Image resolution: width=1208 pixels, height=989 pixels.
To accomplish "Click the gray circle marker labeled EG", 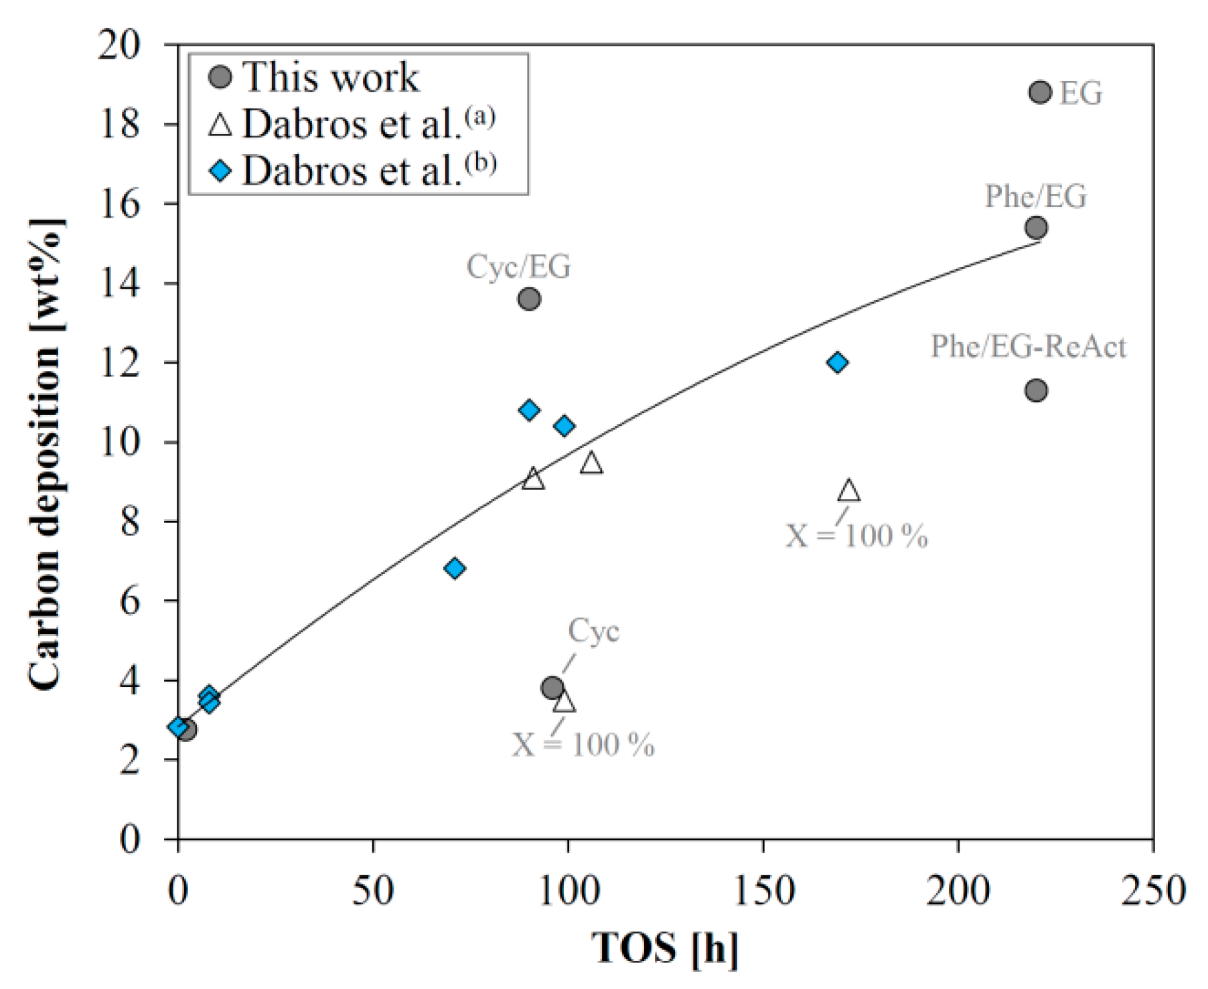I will (x=1039, y=92).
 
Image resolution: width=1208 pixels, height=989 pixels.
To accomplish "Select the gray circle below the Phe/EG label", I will (x=1036, y=228).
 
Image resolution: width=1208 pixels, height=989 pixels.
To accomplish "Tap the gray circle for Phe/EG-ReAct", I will (x=1036, y=390).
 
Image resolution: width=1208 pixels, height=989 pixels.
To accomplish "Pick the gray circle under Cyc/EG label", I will (x=529, y=299).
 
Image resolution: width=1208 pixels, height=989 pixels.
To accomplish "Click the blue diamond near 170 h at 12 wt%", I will (x=837, y=362).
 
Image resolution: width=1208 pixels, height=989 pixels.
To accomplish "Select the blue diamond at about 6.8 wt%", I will (x=455, y=568).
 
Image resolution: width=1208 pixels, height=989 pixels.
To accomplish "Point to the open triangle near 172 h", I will (x=849, y=491).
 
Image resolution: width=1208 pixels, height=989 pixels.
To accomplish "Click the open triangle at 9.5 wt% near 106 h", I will (x=591, y=463).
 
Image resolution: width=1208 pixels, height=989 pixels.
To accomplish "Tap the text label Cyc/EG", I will (x=518, y=267).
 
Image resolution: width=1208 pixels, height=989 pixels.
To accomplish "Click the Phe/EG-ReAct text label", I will (x=1028, y=346).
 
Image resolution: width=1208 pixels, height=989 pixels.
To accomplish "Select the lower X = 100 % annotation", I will (x=583, y=745).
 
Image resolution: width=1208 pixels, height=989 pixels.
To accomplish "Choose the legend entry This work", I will (x=329, y=77).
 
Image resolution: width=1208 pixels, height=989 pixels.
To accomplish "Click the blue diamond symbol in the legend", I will (x=220, y=171).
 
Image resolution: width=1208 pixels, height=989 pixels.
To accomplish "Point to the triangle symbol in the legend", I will (x=220, y=125).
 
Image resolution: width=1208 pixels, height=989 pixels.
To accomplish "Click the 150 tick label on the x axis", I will (x=763, y=891).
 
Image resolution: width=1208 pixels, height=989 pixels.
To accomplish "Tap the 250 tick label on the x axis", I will (x=1152, y=891).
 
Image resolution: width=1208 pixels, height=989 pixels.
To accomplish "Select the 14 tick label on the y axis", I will (x=121, y=283).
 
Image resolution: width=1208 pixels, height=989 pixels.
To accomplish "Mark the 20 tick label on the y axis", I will (x=121, y=46).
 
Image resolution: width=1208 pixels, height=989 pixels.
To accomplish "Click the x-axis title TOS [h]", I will (x=664, y=947).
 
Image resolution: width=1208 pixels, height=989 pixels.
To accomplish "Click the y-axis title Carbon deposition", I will (x=46, y=455).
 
